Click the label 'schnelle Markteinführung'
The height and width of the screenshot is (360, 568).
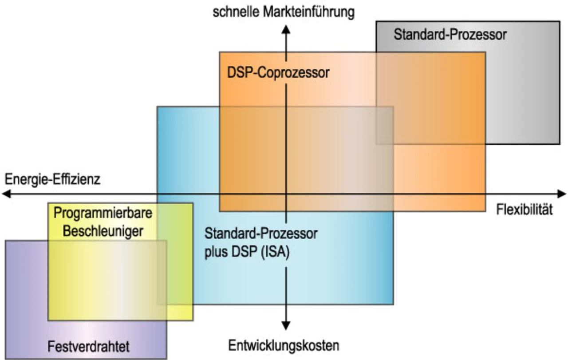click(x=284, y=12)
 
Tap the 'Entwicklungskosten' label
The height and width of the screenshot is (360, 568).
click(x=284, y=345)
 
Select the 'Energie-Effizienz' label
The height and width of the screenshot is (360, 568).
click(x=53, y=179)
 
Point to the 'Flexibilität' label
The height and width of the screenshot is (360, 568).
click(x=525, y=210)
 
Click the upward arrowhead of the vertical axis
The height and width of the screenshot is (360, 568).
click(x=286, y=29)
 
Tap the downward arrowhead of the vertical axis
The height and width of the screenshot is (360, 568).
click(x=286, y=325)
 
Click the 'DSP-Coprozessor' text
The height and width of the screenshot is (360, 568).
click(x=278, y=72)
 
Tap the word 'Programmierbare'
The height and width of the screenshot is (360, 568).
click(x=103, y=213)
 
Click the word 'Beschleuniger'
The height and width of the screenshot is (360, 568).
click(x=103, y=231)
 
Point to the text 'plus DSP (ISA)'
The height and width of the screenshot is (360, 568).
click(x=247, y=253)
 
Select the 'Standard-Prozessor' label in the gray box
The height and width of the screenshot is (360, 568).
click(x=450, y=35)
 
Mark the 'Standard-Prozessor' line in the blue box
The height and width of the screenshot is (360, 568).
click(x=261, y=233)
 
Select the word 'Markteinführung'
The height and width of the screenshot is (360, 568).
click(x=309, y=12)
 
